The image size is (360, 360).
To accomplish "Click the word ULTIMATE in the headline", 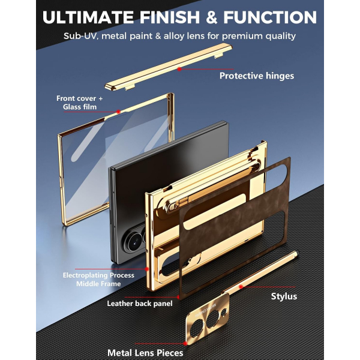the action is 88,17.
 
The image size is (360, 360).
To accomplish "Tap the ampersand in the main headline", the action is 211,17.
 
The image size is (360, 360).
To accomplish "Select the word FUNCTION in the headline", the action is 270,17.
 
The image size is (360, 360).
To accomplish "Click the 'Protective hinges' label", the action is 257,76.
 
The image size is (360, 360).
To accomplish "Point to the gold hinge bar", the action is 168,67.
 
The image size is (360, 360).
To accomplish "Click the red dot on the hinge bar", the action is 179,69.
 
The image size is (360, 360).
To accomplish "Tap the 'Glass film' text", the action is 80,107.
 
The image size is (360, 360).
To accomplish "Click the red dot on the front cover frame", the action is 118,112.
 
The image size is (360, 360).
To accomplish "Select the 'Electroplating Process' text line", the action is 98,275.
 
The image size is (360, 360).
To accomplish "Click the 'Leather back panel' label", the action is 140,304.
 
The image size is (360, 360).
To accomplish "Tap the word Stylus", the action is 284,296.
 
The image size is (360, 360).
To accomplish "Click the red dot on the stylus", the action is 241,287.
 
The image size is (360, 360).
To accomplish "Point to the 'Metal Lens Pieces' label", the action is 145,353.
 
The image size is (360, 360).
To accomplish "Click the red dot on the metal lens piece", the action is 185,343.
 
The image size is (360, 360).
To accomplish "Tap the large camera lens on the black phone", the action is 135,241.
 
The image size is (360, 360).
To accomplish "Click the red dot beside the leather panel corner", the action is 178,297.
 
